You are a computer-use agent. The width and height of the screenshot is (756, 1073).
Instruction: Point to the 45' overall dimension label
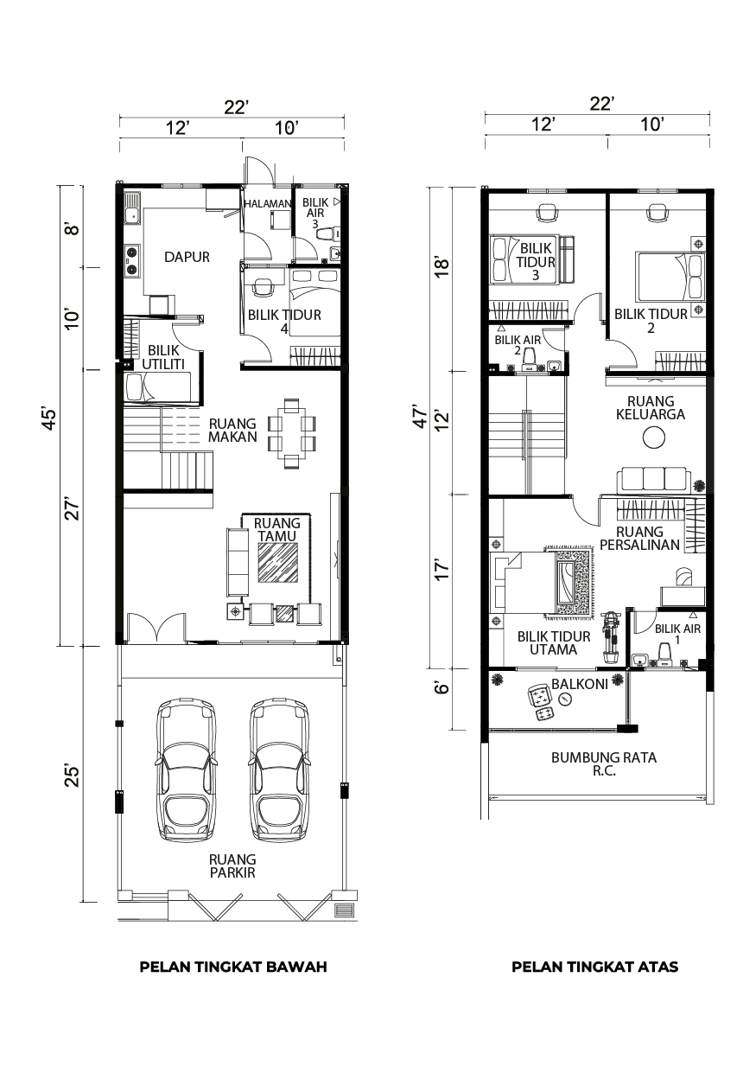(49, 419)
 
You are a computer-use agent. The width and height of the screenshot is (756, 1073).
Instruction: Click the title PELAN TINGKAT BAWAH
(233, 967)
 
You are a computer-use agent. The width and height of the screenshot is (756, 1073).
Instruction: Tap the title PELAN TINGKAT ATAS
(594, 967)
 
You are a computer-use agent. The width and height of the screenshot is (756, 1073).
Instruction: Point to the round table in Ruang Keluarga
(654, 438)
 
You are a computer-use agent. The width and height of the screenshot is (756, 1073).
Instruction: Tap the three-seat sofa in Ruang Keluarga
(653, 481)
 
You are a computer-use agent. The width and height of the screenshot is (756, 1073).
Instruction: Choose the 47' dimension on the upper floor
(419, 418)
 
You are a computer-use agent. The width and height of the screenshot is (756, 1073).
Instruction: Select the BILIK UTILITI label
(162, 357)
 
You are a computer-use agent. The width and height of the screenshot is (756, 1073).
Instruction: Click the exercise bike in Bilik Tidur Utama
(611, 636)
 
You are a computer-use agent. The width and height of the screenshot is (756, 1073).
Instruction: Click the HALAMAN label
(268, 203)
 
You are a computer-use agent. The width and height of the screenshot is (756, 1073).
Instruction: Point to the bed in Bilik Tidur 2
(670, 277)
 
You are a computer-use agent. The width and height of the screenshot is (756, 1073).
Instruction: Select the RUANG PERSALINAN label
(639, 539)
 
